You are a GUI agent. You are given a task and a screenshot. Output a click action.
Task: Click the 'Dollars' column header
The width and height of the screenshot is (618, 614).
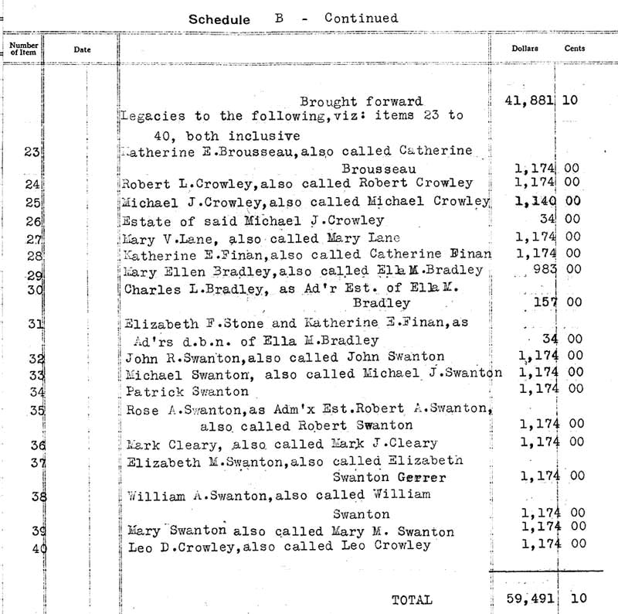coord(525,49)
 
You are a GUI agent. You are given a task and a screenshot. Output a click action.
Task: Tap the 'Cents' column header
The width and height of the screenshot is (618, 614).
coord(575,49)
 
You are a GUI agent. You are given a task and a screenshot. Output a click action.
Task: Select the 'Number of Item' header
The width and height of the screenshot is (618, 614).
coord(23,49)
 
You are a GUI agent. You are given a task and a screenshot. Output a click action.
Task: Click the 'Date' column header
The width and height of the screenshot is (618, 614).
coord(82,49)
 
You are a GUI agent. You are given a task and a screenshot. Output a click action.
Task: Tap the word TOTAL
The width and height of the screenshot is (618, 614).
coord(413,599)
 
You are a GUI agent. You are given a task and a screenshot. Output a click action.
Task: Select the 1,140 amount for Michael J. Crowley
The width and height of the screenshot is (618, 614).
coord(535,200)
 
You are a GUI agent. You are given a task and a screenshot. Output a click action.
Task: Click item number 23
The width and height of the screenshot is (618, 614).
coord(32,152)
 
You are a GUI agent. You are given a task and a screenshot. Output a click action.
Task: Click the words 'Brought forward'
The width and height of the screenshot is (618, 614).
coord(361,101)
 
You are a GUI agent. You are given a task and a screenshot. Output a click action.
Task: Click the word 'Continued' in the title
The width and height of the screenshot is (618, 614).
coord(362,18)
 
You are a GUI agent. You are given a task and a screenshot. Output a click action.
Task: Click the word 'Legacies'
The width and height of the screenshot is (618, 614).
coord(149,116)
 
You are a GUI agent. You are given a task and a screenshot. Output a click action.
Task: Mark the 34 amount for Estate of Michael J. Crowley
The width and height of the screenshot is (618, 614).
coord(548,219)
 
